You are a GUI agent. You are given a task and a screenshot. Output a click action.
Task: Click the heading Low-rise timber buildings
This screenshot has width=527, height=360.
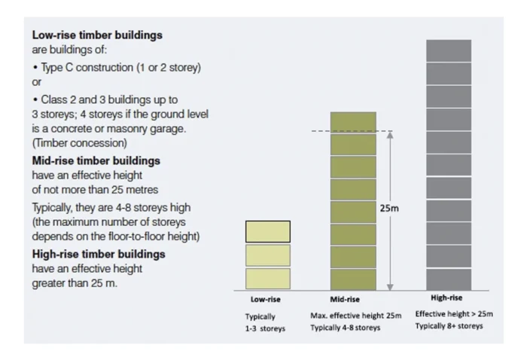click(97, 35)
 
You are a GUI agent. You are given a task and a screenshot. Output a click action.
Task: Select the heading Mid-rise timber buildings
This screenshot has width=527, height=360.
click(96, 161)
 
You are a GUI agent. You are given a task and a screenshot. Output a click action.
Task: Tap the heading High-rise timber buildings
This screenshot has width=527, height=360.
click(99, 254)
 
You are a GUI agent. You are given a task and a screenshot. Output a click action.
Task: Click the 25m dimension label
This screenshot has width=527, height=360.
click(389, 208)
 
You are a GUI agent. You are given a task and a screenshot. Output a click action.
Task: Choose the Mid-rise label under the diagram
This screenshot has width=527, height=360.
click(345, 299)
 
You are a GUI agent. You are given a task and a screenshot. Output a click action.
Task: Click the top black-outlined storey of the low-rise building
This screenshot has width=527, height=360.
click(268, 231)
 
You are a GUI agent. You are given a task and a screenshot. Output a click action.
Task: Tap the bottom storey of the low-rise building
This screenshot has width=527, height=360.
click(268, 279)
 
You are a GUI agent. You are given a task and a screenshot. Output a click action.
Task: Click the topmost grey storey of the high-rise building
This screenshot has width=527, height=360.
click(449, 50)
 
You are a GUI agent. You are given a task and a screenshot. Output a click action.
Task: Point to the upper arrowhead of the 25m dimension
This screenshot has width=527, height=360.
click(390, 136)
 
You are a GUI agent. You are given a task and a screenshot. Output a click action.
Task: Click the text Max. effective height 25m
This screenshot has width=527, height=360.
click(356, 315)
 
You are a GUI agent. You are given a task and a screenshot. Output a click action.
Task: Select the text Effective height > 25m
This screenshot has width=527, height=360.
click(454, 314)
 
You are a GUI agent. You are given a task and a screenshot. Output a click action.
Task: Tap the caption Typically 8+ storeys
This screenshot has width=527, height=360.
click(449, 326)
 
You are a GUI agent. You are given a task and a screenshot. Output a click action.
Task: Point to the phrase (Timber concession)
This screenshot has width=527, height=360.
click(80, 143)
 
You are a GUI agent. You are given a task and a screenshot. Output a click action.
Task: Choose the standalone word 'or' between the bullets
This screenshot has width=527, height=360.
click(37, 82)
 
